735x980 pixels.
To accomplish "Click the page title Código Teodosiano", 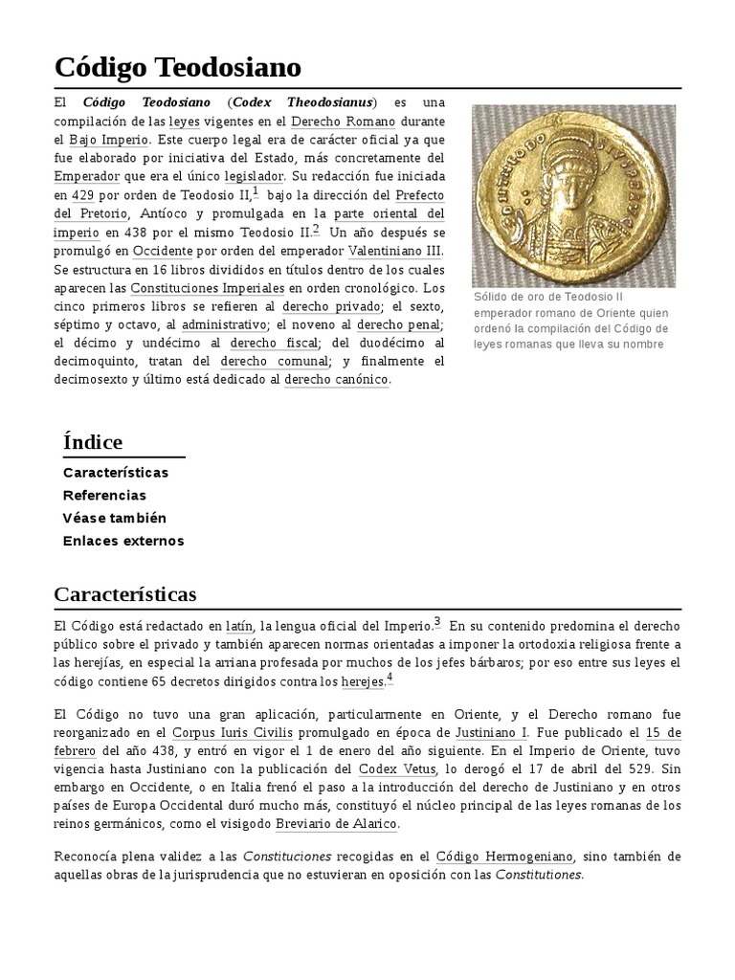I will (177, 67).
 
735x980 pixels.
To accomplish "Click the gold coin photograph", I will (573, 196).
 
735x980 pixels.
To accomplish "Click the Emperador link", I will (87, 177).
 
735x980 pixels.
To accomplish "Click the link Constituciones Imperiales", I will (207, 287).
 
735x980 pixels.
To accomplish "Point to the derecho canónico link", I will (337, 379).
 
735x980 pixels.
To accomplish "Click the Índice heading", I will (92, 441).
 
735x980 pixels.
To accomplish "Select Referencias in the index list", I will (104, 495).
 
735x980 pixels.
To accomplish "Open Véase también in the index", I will (114, 518).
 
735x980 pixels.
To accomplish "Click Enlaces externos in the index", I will (122, 541).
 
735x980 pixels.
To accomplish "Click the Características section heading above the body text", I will (125, 594).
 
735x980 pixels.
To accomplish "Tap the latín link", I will (239, 625).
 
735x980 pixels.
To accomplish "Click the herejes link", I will (363, 681).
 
